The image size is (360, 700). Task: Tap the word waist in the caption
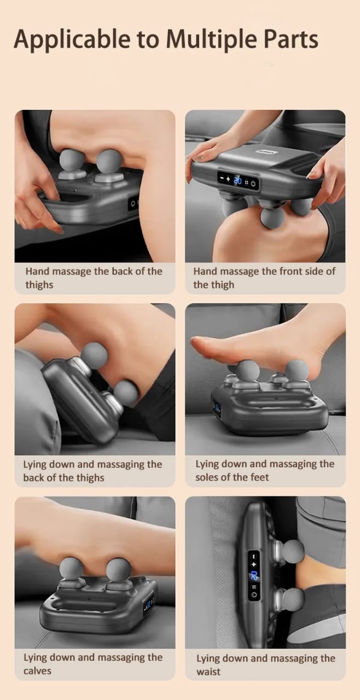pyautogui.click(x=209, y=672)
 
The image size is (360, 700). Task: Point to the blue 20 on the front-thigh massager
pyautogui.click(x=239, y=180)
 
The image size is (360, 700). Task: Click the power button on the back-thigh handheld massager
pyautogui.click(x=132, y=203)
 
